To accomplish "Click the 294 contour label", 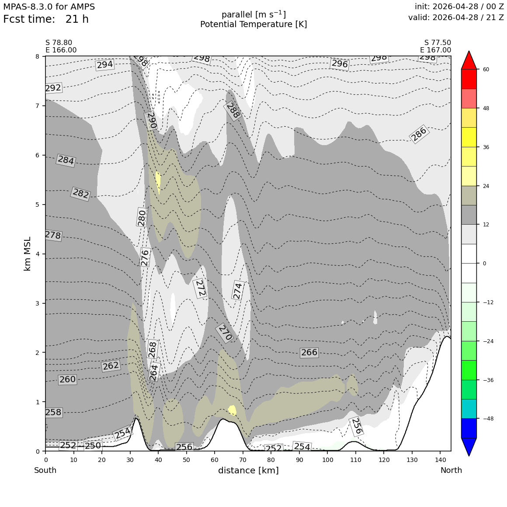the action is [x=105, y=65].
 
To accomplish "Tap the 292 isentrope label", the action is [x=53, y=88].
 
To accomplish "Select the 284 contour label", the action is [x=66, y=160].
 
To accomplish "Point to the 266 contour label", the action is [x=309, y=352].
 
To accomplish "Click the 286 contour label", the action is [x=419, y=134].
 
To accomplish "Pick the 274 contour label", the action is [x=237, y=291].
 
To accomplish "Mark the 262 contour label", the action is [x=111, y=366].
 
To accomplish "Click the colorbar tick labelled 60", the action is [x=486, y=69].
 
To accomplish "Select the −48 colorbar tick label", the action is [x=488, y=418].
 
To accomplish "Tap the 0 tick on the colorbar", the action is [x=484, y=263].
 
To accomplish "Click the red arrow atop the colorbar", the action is [x=469, y=60].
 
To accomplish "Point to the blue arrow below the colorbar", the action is [x=469, y=447].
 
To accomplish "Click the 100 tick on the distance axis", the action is [x=327, y=460].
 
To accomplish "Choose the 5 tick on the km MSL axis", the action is [x=38, y=205].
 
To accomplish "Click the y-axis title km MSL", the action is [x=28, y=254].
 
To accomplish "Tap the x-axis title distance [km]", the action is [x=248, y=470].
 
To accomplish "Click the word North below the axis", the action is [x=451, y=470].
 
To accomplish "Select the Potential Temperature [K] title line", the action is [x=253, y=24].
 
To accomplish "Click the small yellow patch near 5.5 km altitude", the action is [x=158, y=182].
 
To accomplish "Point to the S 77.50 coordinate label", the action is [x=438, y=43].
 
